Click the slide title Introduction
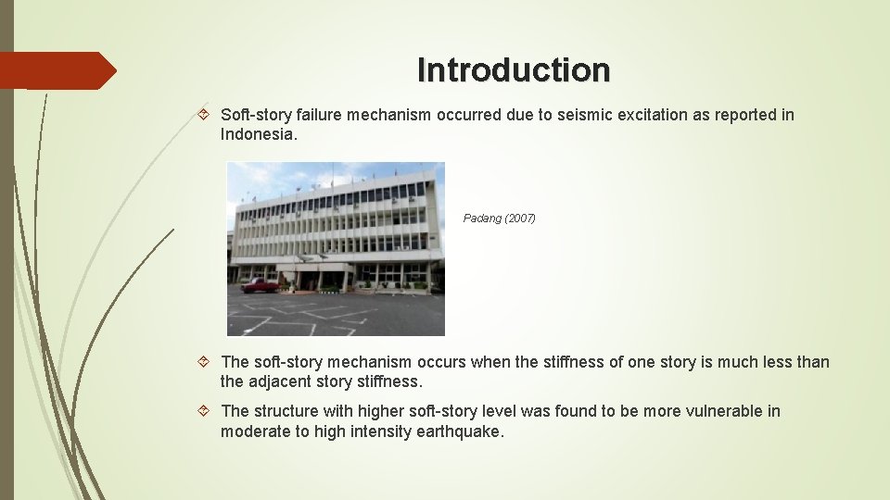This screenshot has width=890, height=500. [514, 69]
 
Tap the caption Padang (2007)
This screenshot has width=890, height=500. [499, 219]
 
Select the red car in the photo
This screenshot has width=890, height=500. [259, 285]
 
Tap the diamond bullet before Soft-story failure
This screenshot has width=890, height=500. [206, 115]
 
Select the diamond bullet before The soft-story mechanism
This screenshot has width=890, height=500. [206, 362]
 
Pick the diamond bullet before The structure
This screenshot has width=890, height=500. [206, 411]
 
